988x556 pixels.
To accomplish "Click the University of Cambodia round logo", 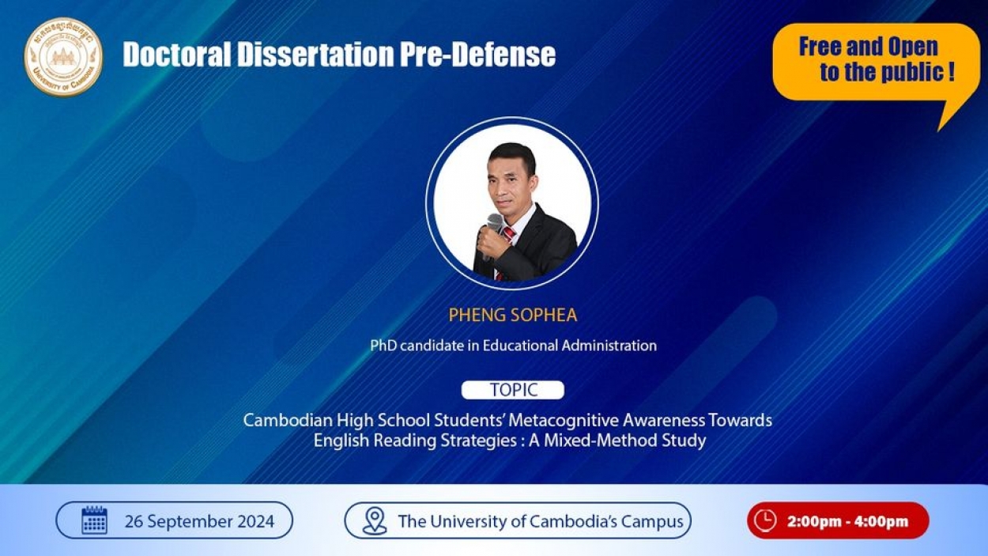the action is [x=63, y=57].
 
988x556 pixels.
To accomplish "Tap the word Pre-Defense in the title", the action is [x=477, y=55].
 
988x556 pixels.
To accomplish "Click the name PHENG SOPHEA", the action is [x=512, y=315].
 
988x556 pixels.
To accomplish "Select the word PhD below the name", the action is [x=383, y=345].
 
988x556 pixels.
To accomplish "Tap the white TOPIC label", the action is [x=512, y=390].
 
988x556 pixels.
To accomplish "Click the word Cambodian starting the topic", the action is [x=288, y=420].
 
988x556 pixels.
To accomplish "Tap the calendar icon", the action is [x=94, y=520].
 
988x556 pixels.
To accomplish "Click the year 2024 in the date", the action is [x=256, y=521].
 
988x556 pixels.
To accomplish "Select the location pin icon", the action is [x=375, y=521].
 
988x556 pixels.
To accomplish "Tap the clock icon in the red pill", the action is [x=765, y=520].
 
